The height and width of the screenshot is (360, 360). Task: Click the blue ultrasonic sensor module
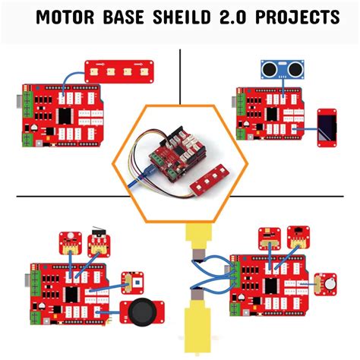click(x=279, y=69)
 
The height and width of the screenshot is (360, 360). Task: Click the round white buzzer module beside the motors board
click(x=328, y=283)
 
